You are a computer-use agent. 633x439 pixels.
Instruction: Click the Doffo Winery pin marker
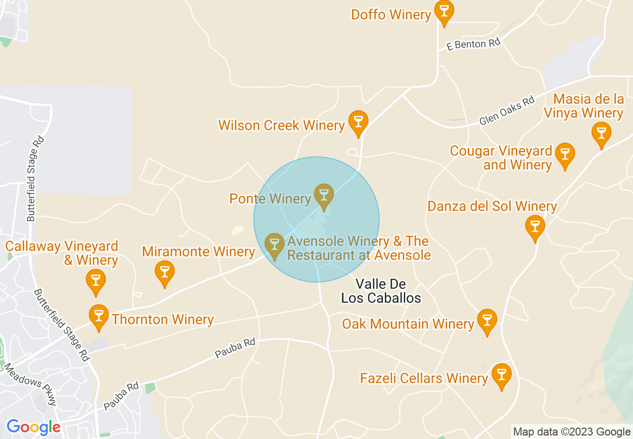443,12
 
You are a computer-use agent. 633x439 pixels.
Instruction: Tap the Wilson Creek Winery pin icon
358,122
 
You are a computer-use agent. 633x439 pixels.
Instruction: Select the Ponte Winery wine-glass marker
324,196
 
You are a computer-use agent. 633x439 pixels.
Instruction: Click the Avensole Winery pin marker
274,245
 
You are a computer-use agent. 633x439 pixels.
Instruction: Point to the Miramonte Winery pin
164,272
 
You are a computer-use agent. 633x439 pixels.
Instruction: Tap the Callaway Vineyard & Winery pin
96,281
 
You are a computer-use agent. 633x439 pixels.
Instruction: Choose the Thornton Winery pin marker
99,316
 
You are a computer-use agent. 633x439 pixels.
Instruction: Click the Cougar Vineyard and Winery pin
565,155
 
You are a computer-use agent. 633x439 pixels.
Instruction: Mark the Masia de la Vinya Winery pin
601,134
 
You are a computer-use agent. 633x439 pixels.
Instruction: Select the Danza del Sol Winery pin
535,227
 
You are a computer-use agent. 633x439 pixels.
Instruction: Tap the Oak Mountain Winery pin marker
487,321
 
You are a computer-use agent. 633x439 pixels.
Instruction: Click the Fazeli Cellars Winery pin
501,375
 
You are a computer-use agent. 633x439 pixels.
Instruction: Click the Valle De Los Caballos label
381,291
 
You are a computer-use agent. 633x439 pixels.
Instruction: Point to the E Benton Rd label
473,44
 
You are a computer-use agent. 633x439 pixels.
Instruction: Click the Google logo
33,428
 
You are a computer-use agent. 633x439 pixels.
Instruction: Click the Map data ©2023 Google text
572,432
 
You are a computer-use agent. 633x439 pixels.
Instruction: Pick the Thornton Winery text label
163,319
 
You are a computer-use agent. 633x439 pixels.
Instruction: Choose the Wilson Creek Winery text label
282,125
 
